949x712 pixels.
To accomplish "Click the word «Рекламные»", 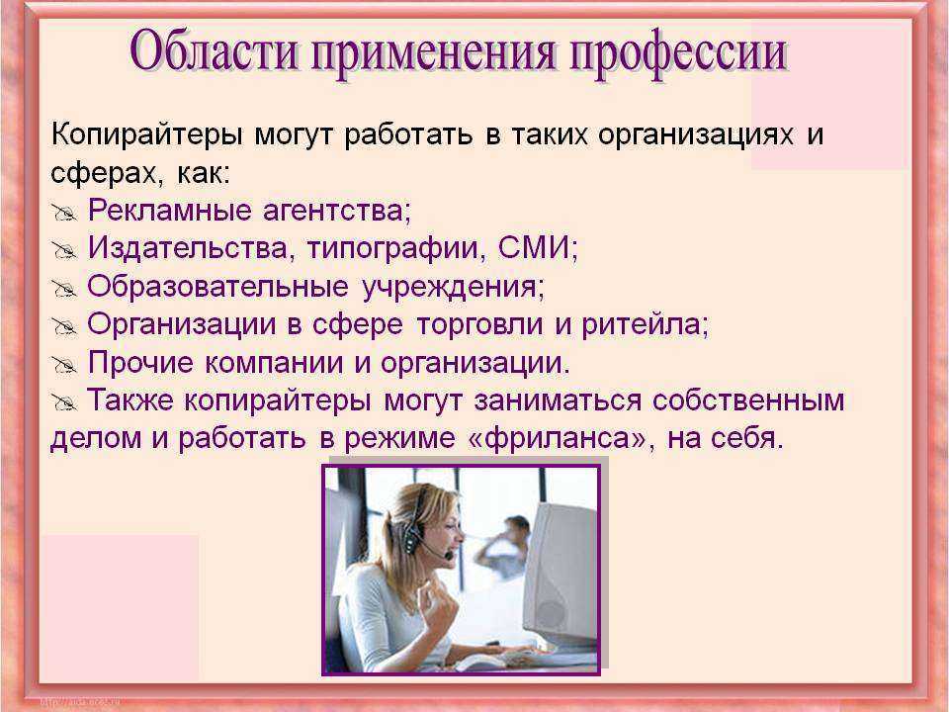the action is coord(169,211).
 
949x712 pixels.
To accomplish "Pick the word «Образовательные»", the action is coord(217,287).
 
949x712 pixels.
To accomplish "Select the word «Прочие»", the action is coord(141,363).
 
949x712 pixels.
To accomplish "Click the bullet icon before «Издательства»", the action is coord(64,250).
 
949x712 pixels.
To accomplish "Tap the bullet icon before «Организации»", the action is coord(64,327).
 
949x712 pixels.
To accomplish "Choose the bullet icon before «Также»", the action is coord(64,402).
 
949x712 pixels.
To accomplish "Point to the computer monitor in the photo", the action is coord(560,576).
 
